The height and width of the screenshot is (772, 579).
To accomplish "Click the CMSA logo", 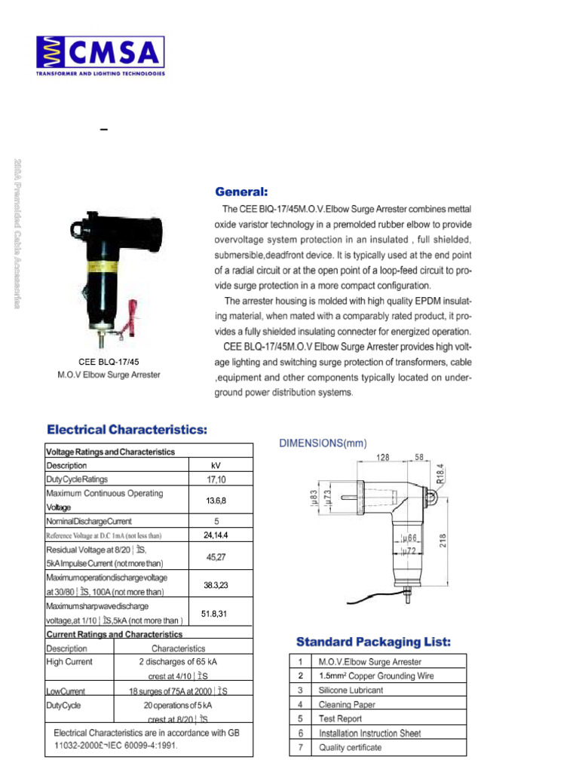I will (100, 55).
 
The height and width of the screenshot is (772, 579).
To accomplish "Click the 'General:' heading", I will (242, 191).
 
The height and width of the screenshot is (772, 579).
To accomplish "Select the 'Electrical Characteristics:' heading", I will (127, 430).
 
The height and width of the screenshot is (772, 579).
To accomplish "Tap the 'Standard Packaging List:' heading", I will (373, 642).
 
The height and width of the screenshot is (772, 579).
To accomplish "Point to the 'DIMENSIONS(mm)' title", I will (323, 444).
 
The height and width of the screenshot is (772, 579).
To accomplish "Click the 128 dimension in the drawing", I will (382, 458).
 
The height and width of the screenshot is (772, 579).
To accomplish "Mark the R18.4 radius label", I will (441, 473).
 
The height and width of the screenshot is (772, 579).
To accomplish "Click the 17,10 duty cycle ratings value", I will (216, 479).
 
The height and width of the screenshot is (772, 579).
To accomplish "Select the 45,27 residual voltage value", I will (216, 557).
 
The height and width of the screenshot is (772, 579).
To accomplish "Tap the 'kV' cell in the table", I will (216, 466).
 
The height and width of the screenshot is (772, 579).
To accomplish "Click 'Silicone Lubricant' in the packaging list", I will (351, 691).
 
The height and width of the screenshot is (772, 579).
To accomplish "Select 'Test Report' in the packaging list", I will (340, 719).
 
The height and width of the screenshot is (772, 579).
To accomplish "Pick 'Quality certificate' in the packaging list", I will (350, 748).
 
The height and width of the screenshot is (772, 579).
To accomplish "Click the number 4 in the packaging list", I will (300, 705).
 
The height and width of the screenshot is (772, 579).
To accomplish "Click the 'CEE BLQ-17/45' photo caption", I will (109, 362).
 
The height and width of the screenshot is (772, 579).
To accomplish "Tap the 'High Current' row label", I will (69, 662).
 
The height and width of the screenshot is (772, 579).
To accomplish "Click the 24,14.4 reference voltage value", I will (216, 535).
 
